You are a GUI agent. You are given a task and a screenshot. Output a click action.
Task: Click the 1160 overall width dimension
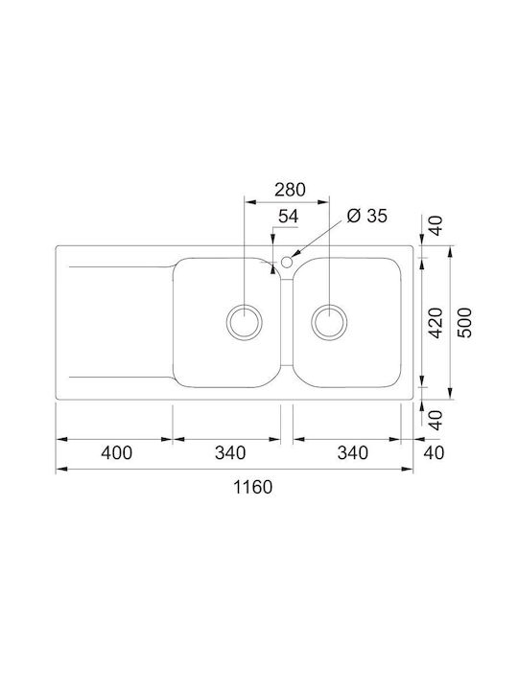(x=252, y=486)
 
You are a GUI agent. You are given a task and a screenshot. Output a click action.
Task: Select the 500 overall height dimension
(x=465, y=324)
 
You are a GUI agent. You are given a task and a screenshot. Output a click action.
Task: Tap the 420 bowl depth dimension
(x=435, y=324)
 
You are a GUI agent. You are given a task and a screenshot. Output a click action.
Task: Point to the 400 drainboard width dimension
(x=114, y=452)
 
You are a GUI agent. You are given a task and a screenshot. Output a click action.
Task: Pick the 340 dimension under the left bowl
(x=230, y=452)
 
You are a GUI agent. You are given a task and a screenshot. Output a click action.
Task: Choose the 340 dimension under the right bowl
(x=353, y=452)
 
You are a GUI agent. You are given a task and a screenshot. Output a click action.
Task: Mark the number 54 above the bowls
(x=288, y=217)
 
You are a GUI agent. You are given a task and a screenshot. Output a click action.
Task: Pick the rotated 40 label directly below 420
(x=435, y=419)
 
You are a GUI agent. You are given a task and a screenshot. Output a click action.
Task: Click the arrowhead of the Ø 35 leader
(x=295, y=255)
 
